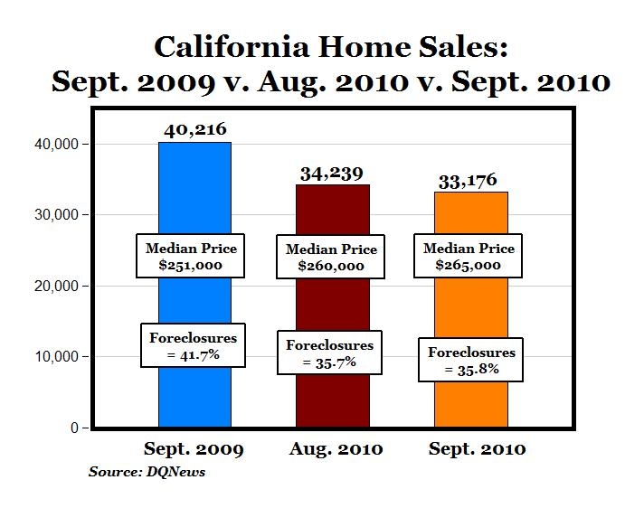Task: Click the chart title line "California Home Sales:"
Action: coord(332,47)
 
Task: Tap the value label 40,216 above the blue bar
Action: coord(195,130)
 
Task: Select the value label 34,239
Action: coord(332,173)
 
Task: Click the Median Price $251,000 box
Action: coord(191,256)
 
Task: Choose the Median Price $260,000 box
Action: coord(331,258)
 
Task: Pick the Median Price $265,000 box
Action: coord(469,256)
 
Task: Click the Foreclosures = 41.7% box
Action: coord(193,345)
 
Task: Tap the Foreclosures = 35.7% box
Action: coord(329,353)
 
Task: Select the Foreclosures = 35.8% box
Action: coord(471,360)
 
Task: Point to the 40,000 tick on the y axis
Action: coord(59,145)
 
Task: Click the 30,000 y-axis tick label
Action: coord(59,215)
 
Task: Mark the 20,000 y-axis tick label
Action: coord(59,286)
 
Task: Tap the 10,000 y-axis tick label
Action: coord(59,357)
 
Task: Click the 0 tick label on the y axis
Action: coord(74,428)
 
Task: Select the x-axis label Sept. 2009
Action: coord(194,449)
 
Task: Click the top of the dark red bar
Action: coord(333,186)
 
